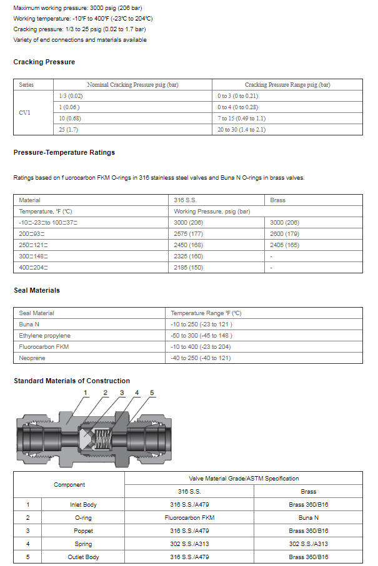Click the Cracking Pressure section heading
(44, 62)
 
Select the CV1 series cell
(25, 113)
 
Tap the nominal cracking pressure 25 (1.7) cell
(70, 129)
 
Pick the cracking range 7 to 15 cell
(241, 118)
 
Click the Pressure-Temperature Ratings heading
(64, 152)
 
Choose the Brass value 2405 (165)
(284, 245)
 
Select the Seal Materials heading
(37, 290)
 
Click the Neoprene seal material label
(32, 358)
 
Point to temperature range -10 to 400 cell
(201, 347)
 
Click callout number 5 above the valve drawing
(151, 393)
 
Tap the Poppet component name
(83, 530)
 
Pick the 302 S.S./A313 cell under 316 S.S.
(189, 544)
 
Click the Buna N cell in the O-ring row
(308, 517)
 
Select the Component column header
(69, 485)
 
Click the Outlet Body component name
(83, 557)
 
